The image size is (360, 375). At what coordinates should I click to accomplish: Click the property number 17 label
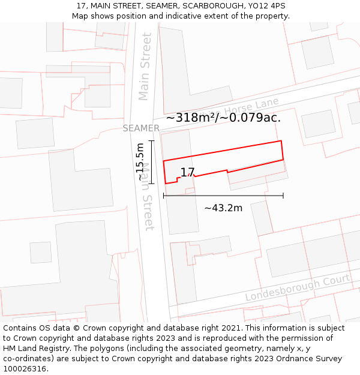coord(187,172)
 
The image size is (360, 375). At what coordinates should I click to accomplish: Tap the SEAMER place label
coord(141,128)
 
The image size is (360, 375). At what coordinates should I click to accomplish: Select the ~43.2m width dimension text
coord(223,208)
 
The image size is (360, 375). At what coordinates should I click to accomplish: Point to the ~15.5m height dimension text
coord(140,162)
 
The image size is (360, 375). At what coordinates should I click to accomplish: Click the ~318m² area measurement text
coord(223,118)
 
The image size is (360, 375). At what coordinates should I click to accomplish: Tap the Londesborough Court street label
coord(297,289)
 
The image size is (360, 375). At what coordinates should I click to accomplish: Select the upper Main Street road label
coord(145,66)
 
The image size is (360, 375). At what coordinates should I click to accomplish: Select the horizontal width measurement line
coord(223,196)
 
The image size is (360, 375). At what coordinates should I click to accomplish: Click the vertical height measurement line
coord(152,162)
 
